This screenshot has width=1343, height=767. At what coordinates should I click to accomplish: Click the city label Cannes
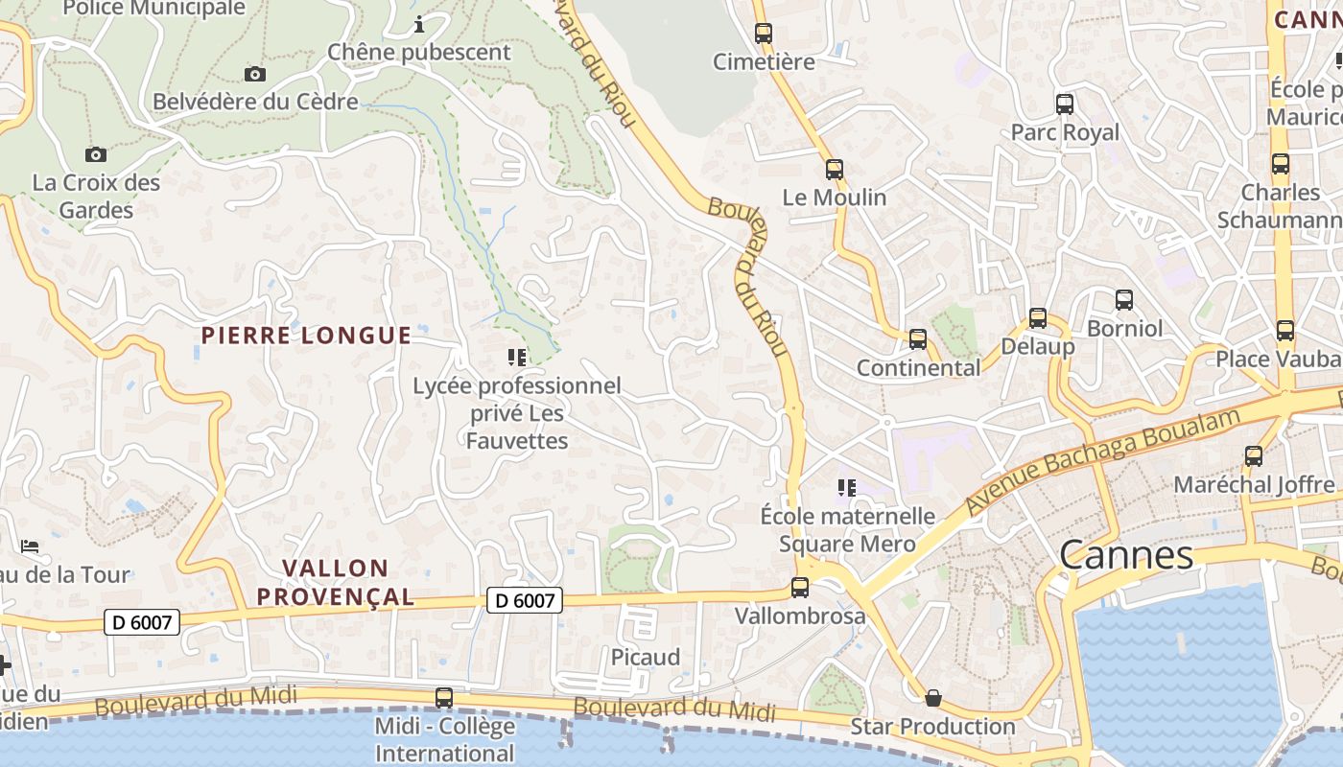(x=1126, y=555)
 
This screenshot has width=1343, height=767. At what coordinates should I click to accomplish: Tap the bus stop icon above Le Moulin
(x=834, y=170)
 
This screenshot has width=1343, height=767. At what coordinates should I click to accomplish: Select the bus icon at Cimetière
(x=764, y=34)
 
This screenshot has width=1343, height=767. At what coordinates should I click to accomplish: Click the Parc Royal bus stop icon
(x=1065, y=105)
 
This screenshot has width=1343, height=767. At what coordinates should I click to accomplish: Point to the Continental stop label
(x=918, y=368)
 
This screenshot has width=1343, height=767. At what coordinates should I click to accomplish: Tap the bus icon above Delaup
(x=1037, y=318)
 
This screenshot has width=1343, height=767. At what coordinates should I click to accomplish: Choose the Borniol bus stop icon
(x=1124, y=300)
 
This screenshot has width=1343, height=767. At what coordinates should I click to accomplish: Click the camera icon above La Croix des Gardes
(x=95, y=154)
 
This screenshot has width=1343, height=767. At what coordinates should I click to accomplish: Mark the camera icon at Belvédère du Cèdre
(x=255, y=74)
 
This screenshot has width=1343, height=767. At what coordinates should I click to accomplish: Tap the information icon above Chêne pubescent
(x=419, y=24)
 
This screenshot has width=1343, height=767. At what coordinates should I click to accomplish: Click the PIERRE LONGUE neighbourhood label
(x=306, y=336)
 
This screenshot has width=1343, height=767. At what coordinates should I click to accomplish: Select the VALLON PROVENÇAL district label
(x=336, y=583)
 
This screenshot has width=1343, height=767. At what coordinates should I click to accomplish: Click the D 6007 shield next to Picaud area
(x=524, y=600)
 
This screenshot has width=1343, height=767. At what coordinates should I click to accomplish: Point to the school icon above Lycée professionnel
(x=517, y=358)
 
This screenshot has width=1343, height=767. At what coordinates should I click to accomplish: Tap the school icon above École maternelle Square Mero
(x=845, y=488)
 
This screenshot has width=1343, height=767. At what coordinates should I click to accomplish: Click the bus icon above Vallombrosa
(x=800, y=588)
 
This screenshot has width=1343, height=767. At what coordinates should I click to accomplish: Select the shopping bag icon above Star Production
(x=932, y=697)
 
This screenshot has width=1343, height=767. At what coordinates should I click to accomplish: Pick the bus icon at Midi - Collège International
(x=444, y=697)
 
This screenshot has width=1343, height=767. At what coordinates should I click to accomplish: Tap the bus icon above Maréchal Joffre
(x=1253, y=456)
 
